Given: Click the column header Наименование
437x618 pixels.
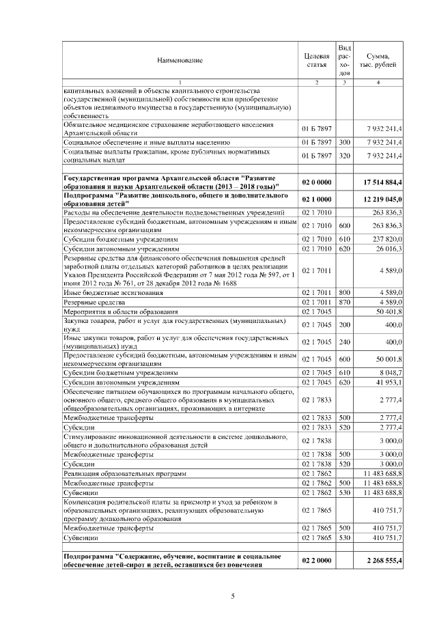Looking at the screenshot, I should (x=180, y=61).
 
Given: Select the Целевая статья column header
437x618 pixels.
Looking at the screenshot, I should (x=316, y=60).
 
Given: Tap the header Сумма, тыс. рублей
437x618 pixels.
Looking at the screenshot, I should (x=378, y=60).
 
